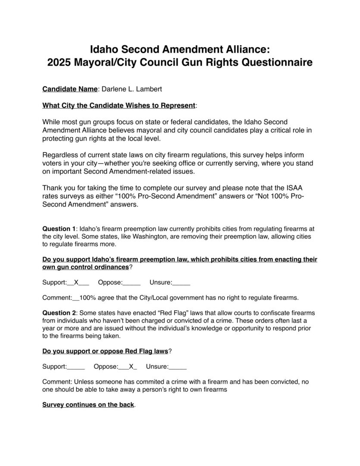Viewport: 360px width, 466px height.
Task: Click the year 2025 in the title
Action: (x=59, y=63)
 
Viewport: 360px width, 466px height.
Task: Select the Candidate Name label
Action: (x=70, y=89)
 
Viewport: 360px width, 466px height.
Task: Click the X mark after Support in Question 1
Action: (x=76, y=283)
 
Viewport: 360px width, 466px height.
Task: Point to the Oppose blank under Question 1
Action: (x=132, y=283)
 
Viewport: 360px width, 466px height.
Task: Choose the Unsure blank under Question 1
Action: (x=182, y=283)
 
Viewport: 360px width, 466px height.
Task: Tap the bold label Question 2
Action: (x=59, y=312)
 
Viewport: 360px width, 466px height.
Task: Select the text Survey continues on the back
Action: (x=88, y=405)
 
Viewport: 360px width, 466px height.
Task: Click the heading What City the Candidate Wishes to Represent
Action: (x=119, y=105)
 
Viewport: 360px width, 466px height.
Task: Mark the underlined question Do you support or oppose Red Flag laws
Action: (x=105, y=351)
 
